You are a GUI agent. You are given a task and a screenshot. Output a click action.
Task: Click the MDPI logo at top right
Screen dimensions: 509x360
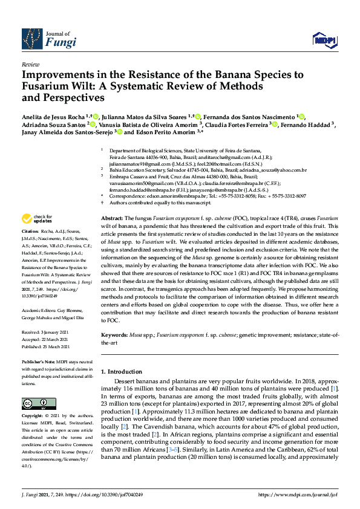[x=324, y=40]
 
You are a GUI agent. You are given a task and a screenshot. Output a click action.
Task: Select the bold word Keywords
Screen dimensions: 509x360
[x=115, y=334]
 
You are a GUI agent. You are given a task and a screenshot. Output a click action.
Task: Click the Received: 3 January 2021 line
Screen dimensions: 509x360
[x=44, y=332]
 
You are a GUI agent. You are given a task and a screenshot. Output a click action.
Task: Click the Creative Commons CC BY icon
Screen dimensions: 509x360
[x=34, y=403]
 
